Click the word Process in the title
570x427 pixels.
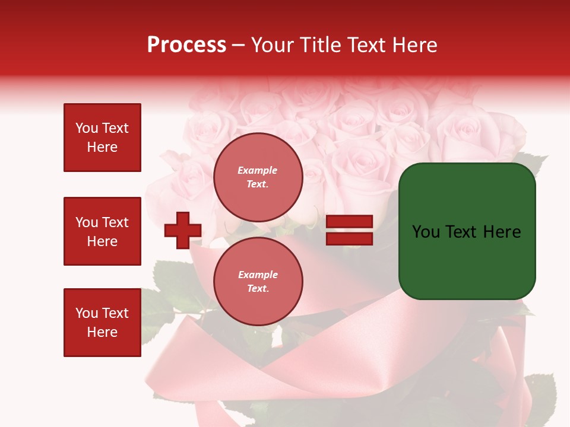pyautogui.click(x=186, y=45)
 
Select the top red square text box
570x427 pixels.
pyautogui.click(x=102, y=138)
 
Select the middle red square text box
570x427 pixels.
pyautogui.click(x=102, y=231)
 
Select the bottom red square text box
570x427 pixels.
pyautogui.click(x=102, y=323)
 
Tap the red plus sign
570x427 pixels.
pyautogui.click(x=183, y=230)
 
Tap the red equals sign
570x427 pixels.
pyautogui.click(x=349, y=230)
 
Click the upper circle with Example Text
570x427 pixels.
pyautogui.click(x=258, y=177)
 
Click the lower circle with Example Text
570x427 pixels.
pyautogui.click(x=258, y=282)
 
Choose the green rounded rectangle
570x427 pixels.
pyautogui.click(x=467, y=231)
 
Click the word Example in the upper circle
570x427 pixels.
pyautogui.click(x=258, y=170)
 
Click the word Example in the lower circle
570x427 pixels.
pyautogui.click(x=258, y=275)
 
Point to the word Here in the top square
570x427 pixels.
pyautogui.click(x=102, y=147)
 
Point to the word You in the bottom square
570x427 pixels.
pyautogui.click(x=87, y=313)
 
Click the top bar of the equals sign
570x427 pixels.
pyautogui.click(x=349, y=221)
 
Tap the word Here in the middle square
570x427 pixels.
pyautogui.click(x=102, y=241)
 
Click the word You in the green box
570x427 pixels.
pyautogui.click(x=426, y=232)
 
